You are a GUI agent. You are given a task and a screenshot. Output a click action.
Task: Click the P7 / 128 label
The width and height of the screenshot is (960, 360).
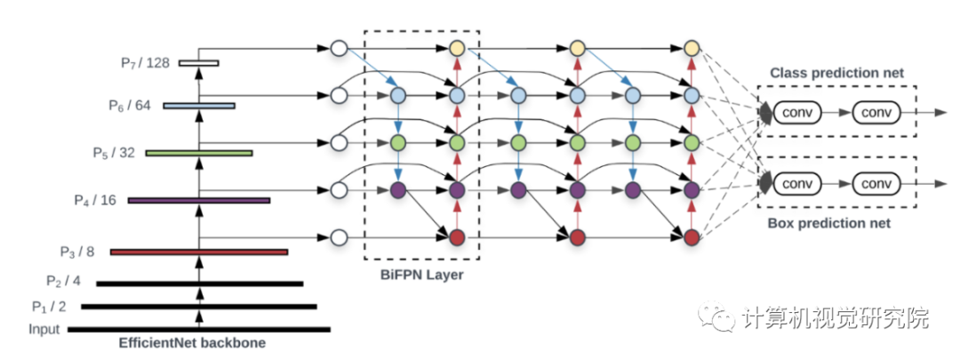[146, 62]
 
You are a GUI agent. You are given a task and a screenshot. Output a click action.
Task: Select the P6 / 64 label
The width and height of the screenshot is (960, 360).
[130, 105]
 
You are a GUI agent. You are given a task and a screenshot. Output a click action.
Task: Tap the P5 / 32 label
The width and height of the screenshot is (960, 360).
[114, 152]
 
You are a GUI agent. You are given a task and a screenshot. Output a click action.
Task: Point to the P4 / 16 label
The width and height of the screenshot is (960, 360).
[95, 200]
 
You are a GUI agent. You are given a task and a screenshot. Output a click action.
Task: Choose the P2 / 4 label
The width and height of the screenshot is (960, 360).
[63, 282]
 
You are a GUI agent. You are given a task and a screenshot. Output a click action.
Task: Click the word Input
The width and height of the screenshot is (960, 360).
[44, 330]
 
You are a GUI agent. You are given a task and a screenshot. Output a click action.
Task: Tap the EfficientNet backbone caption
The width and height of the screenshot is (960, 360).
[193, 343]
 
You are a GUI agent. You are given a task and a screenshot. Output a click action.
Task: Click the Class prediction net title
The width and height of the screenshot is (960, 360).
[836, 73]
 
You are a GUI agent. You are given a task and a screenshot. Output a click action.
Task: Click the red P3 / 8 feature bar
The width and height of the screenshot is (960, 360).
[199, 252]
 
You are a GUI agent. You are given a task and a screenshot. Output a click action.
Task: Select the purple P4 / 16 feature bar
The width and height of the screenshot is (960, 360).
[199, 201]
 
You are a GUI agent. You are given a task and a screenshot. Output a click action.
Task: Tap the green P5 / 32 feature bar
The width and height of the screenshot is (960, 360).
[199, 153]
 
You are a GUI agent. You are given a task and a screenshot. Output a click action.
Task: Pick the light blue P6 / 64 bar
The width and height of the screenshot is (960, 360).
[199, 106]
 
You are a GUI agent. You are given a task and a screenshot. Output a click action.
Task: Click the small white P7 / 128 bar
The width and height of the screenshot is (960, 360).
[198, 62]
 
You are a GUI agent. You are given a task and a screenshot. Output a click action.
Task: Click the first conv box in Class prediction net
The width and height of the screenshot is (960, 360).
[798, 112]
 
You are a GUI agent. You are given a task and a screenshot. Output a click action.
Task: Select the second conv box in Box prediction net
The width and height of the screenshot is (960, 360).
[876, 184]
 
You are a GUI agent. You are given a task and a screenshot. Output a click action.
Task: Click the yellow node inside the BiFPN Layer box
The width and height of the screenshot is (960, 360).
[457, 48]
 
